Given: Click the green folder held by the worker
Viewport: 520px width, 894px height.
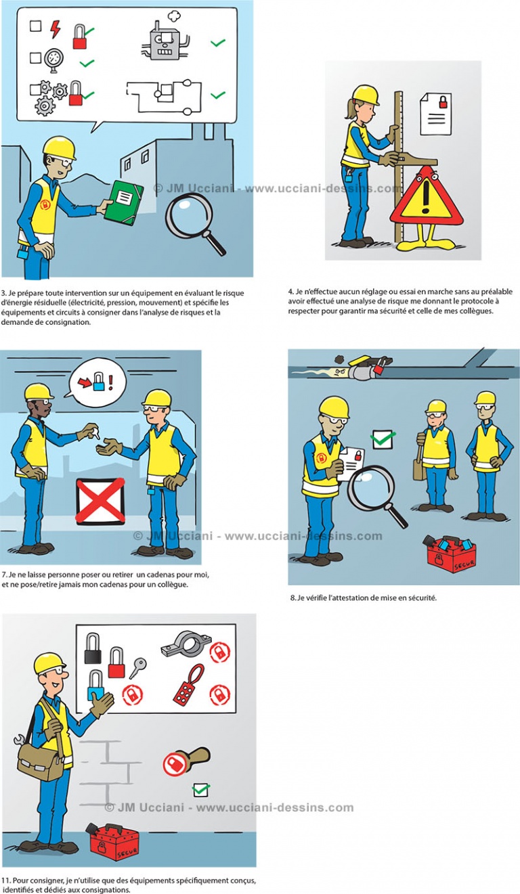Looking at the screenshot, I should [123, 202].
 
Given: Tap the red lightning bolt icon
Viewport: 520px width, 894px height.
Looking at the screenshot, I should [55, 28].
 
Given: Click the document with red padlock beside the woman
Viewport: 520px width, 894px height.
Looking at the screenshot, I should [435, 113].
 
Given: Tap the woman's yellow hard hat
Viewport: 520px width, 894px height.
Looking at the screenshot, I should [365, 94].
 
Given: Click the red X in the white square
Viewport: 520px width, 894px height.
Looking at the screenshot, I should [100, 501].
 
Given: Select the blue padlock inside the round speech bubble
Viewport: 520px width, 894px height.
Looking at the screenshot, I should [99, 382].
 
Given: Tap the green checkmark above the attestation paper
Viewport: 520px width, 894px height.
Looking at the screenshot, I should [383, 439].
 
